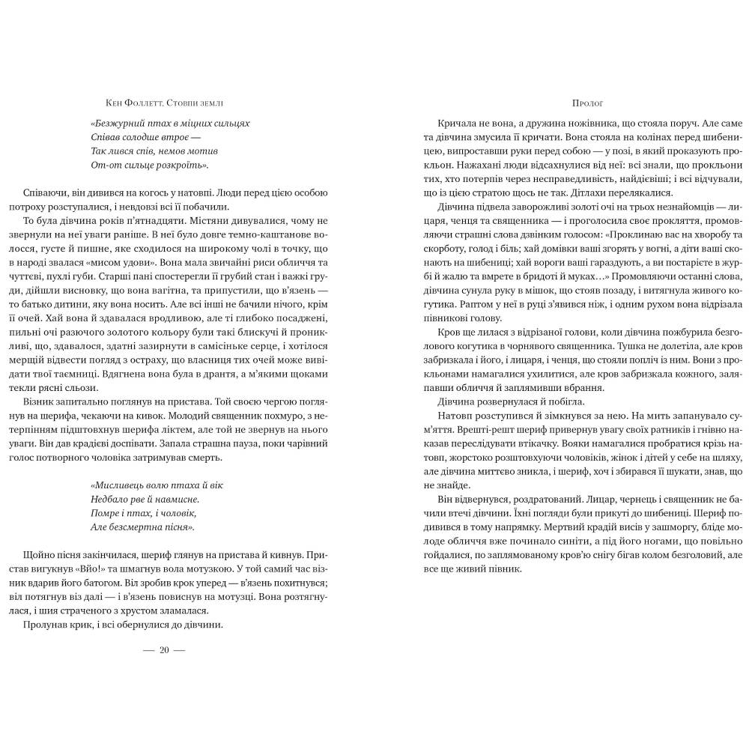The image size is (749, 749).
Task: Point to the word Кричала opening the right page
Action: click(442, 123)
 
